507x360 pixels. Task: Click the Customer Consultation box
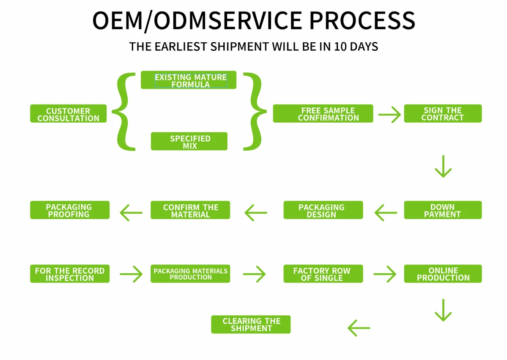[x=68, y=114]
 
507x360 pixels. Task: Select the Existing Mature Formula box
[x=189, y=80]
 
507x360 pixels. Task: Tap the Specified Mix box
[x=189, y=141]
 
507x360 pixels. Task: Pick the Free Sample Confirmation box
[x=323, y=114]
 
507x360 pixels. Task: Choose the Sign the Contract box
[x=443, y=114]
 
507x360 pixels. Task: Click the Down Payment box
[x=443, y=210]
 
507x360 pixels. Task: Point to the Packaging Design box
[x=323, y=210]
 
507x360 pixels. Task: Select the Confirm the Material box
[x=190, y=210]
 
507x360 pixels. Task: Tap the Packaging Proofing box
[x=70, y=210]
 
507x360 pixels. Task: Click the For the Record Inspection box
[x=70, y=274]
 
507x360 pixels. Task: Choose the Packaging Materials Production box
[x=190, y=274]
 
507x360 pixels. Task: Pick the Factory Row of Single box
[x=323, y=274]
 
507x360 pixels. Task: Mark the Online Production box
[x=443, y=274]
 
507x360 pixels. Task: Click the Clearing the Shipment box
[x=251, y=324]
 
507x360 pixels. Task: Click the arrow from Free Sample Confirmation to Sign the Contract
[x=389, y=114]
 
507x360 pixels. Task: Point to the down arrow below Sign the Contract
[x=443, y=166]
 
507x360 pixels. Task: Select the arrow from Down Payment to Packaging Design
[x=386, y=213]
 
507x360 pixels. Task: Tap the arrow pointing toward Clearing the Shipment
[x=359, y=328]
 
